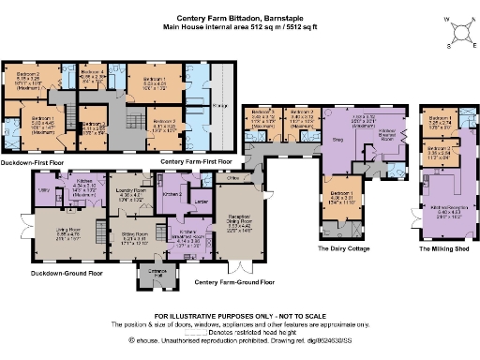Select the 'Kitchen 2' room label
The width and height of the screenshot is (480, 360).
[171, 193]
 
